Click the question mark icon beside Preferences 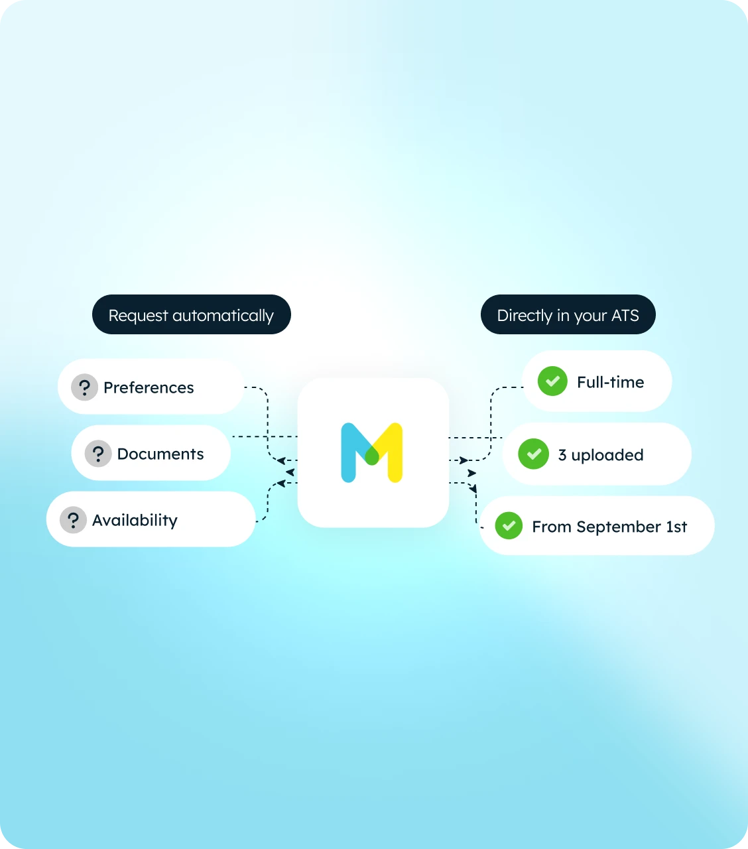pyautogui.click(x=84, y=387)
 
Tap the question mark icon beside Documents pyautogui.click(x=98, y=454)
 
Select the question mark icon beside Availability pyautogui.click(x=73, y=520)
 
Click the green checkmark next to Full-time pyautogui.click(x=552, y=381)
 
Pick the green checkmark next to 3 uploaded pyautogui.click(x=533, y=454)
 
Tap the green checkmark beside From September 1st pyautogui.click(x=509, y=525)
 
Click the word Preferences pyautogui.click(x=149, y=387)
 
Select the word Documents pyautogui.click(x=160, y=454)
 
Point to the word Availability pyautogui.click(x=135, y=521)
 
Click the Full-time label pyautogui.click(x=611, y=382)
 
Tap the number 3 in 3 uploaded pyautogui.click(x=562, y=454)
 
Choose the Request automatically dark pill pyautogui.click(x=192, y=314)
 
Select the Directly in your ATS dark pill pyautogui.click(x=568, y=314)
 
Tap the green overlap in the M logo pyautogui.click(x=372, y=456)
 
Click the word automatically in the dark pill pyautogui.click(x=223, y=316)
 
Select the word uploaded pyautogui.click(x=607, y=454)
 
